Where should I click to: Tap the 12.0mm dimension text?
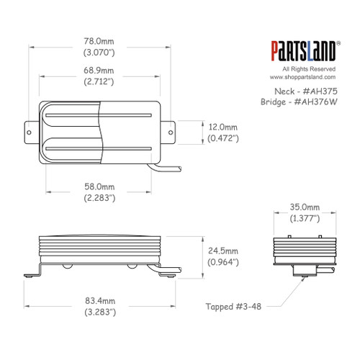coord(222,125)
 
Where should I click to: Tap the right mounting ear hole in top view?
coord(172,132)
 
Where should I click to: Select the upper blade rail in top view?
coord(99,114)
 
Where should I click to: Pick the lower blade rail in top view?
coord(99,149)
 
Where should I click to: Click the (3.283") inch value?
coord(99,315)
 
